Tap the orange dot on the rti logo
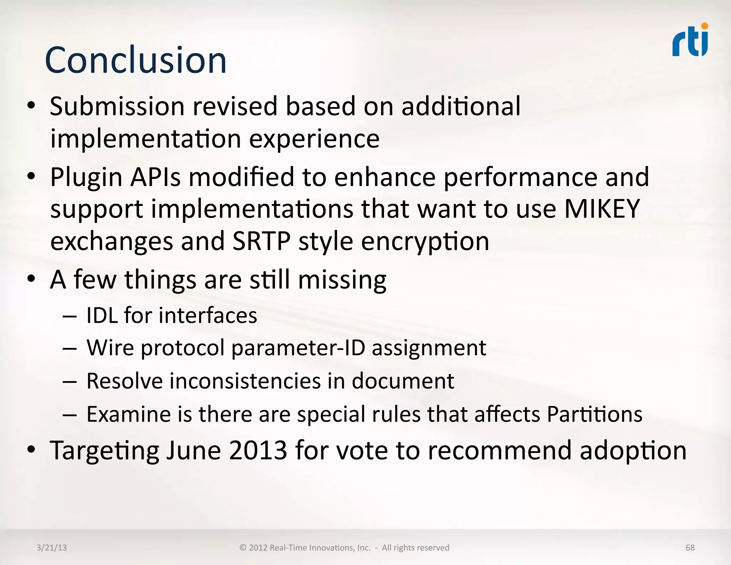pyautogui.click(x=704, y=26)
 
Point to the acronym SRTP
pyautogui.click(x=261, y=241)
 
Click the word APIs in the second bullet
pyautogui.click(x=155, y=177)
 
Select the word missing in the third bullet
pyautogui.click(x=342, y=280)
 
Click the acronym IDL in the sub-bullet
pyautogui.click(x=102, y=316)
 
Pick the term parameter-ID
pyautogui.click(x=298, y=348)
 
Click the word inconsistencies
pyautogui.click(x=245, y=381)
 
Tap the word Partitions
pyautogui.click(x=595, y=414)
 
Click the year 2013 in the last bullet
pyautogui.click(x=258, y=450)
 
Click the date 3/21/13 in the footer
pyautogui.click(x=51, y=547)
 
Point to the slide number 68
pyautogui.click(x=690, y=547)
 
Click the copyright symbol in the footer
pyautogui.click(x=243, y=547)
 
